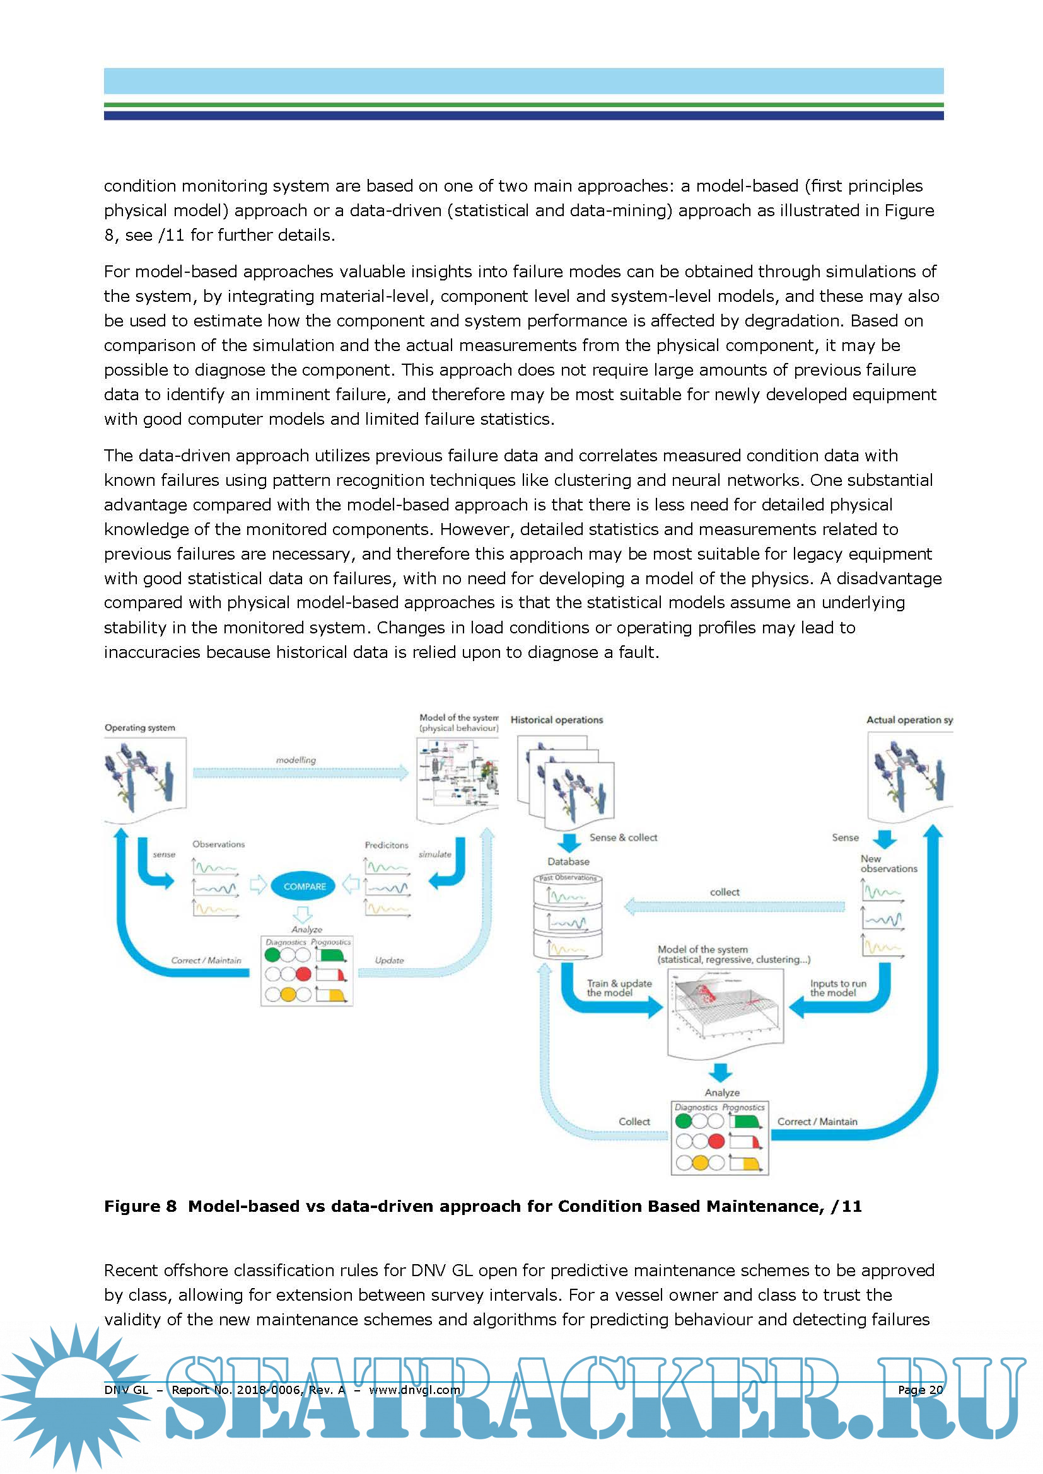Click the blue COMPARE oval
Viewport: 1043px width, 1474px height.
point(304,886)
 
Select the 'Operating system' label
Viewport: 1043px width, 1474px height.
point(139,728)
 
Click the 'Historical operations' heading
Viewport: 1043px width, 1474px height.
point(556,720)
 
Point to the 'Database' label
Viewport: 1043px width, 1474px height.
point(568,861)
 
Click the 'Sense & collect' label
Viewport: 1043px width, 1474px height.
point(623,838)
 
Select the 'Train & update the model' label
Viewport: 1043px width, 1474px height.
point(619,988)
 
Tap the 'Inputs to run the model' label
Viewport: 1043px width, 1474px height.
point(837,988)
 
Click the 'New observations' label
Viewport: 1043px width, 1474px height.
point(889,863)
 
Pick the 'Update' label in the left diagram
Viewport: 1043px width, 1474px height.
point(389,960)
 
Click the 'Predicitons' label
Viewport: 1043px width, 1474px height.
point(386,845)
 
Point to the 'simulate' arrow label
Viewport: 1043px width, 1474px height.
point(435,855)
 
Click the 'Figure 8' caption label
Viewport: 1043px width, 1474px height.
point(140,1206)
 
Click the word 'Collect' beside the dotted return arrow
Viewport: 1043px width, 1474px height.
point(634,1122)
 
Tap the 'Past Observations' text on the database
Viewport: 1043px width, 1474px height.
point(568,878)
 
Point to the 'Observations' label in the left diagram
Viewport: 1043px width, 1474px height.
point(218,844)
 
